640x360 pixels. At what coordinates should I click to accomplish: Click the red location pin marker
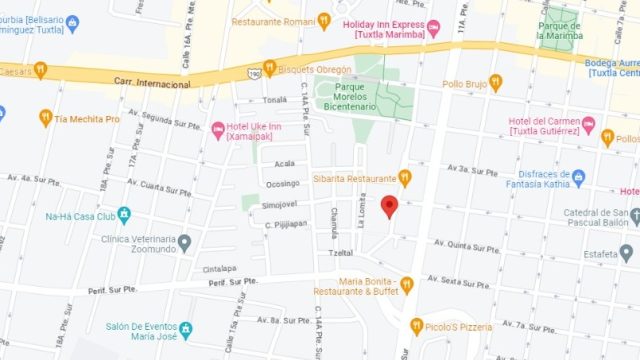pos(390,207)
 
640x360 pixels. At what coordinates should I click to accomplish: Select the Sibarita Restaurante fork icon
pos(405,178)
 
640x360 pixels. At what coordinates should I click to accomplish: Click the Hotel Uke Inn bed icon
pos(218,129)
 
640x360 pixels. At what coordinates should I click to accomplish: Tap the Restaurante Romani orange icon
pos(323,20)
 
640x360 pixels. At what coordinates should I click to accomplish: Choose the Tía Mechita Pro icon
pos(45,118)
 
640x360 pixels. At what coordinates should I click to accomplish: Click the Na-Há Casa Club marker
pos(124,215)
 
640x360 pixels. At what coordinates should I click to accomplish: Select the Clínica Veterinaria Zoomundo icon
pos(185,241)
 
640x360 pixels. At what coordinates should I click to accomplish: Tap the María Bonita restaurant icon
pos(406,286)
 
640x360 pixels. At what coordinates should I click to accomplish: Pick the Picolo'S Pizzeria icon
pos(417,326)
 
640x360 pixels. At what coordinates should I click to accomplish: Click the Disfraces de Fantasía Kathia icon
pos(577,178)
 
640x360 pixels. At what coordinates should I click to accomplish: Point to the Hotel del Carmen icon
pos(589,125)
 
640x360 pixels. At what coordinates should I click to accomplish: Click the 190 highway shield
pos(255,72)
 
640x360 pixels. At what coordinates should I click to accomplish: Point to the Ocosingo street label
pos(283,183)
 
